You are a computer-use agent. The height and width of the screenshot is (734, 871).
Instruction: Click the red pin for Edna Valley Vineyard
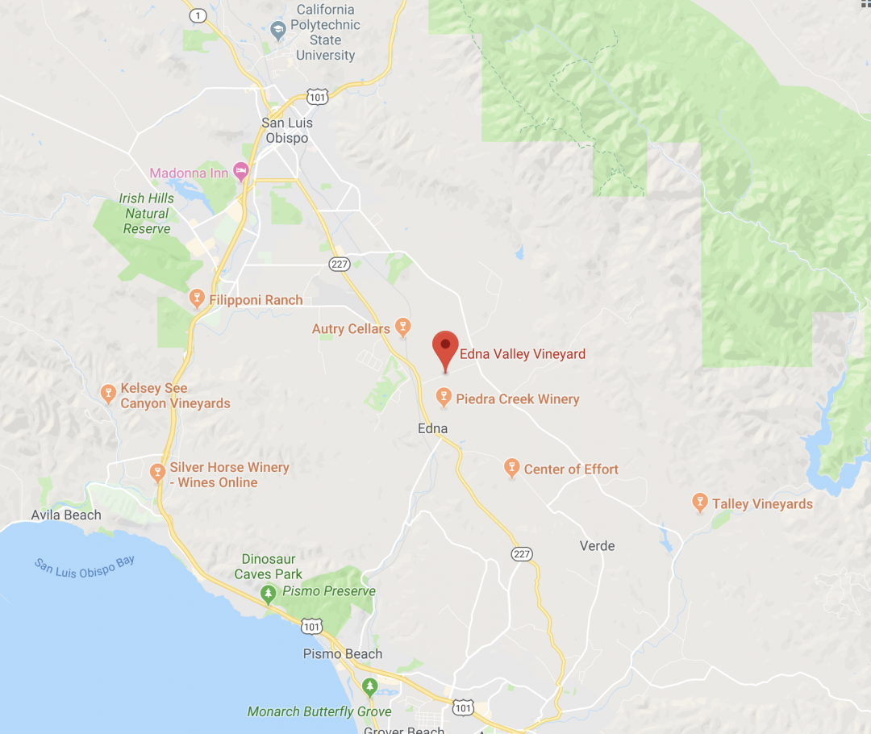coord(445,348)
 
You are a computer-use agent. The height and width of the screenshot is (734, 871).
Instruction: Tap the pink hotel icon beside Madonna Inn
coord(240,171)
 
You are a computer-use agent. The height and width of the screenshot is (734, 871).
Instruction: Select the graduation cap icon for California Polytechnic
coord(279,31)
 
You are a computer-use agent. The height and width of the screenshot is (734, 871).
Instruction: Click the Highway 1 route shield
coord(196,15)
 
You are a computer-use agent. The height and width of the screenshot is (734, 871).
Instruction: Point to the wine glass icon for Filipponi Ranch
coord(196,299)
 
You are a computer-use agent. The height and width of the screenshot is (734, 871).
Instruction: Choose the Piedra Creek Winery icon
coord(443,397)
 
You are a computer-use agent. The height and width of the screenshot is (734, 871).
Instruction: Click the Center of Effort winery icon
coord(511,468)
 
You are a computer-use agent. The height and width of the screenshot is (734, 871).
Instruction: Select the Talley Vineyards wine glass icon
coord(700,503)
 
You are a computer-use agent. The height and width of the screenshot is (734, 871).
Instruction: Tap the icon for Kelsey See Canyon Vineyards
coord(108,394)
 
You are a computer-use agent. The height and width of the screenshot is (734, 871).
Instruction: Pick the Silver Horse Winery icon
coord(158,472)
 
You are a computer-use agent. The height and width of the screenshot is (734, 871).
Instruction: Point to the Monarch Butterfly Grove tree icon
coord(370,687)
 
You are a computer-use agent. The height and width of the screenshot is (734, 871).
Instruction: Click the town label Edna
coord(432,428)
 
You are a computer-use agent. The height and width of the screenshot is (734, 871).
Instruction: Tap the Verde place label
coord(597,546)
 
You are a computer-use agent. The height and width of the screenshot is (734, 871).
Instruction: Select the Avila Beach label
coord(66,515)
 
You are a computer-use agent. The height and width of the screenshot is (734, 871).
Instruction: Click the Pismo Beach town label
coord(342,653)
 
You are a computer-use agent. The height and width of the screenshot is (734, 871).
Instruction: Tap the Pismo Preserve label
coord(328,591)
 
